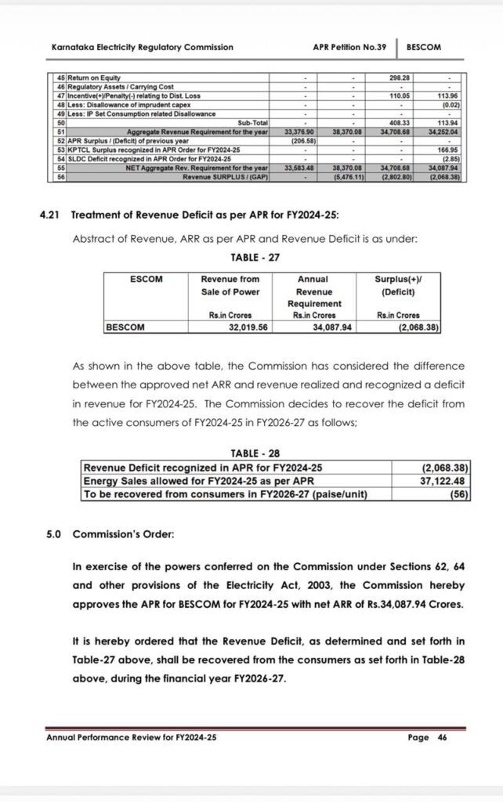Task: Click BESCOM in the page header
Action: pyautogui.click(x=424, y=47)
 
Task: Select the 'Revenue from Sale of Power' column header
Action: pyautogui.click(x=230, y=286)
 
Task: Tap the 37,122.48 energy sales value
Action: pyautogui.click(x=446, y=481)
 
